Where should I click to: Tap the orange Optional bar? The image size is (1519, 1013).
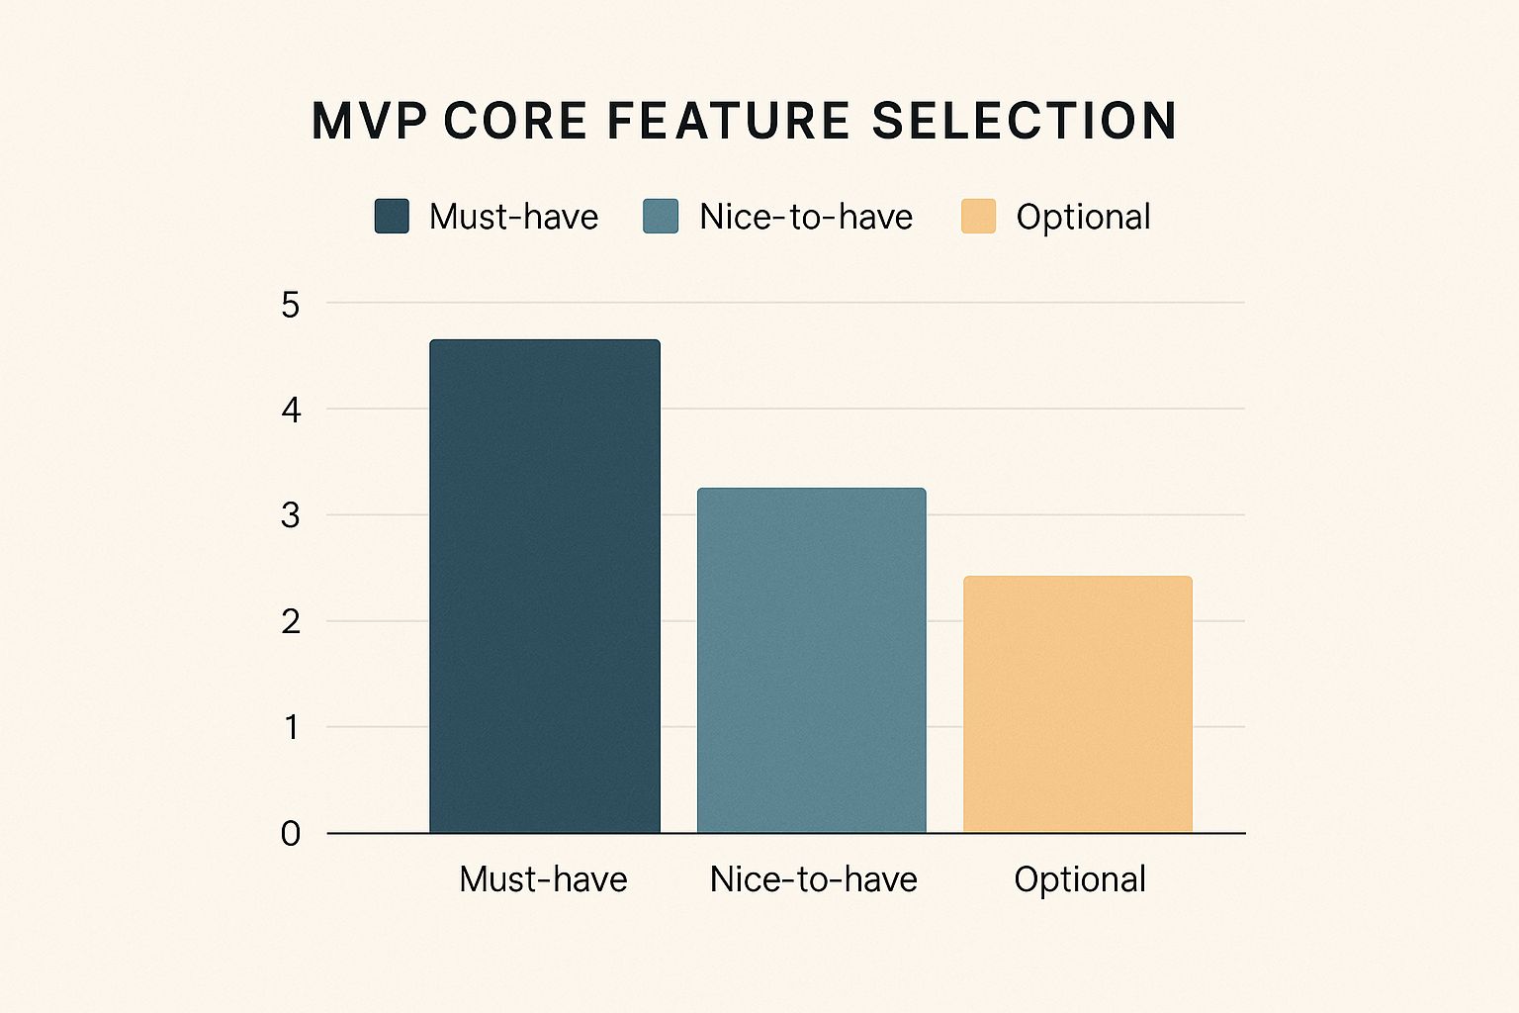(1077, 704)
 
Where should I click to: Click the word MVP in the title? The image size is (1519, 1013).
(369, 122)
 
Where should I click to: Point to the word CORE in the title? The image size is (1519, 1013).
(515, 122)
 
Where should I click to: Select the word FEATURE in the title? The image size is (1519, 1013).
(728, 122)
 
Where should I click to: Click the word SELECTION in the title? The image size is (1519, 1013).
(1025, 122)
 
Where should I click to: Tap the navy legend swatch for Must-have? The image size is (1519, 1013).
(392, 217)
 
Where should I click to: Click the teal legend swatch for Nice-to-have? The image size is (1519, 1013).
(661, 217)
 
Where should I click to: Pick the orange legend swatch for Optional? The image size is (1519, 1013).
(978, 217)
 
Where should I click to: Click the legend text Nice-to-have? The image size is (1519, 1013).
(805, 217)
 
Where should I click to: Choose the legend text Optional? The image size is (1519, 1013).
(1083, 217)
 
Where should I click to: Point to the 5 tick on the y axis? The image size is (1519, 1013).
(290, 305)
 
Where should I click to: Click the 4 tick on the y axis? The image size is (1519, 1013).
(290, 410)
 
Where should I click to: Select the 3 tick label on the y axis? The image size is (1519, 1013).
(290, 515)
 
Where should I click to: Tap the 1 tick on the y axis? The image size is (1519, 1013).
(291, 728)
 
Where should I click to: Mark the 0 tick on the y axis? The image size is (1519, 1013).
(290, 834)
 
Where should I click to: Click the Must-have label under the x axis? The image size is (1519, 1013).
(543, 879)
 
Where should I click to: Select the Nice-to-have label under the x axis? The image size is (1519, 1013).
(813, 879)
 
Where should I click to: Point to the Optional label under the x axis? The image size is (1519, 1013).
(1080, 879)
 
